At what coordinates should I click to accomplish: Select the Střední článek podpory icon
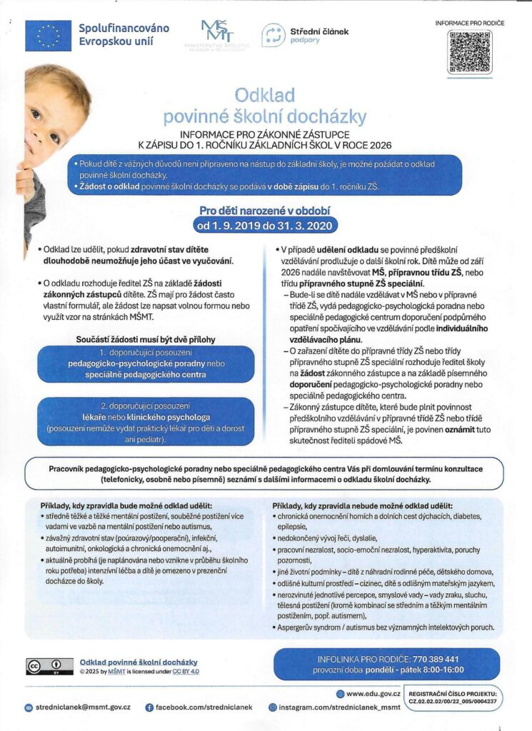pos(273,35)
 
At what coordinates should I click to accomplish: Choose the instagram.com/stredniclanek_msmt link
pos(335,707)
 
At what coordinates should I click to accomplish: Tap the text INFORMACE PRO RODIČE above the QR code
pos(469,23)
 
